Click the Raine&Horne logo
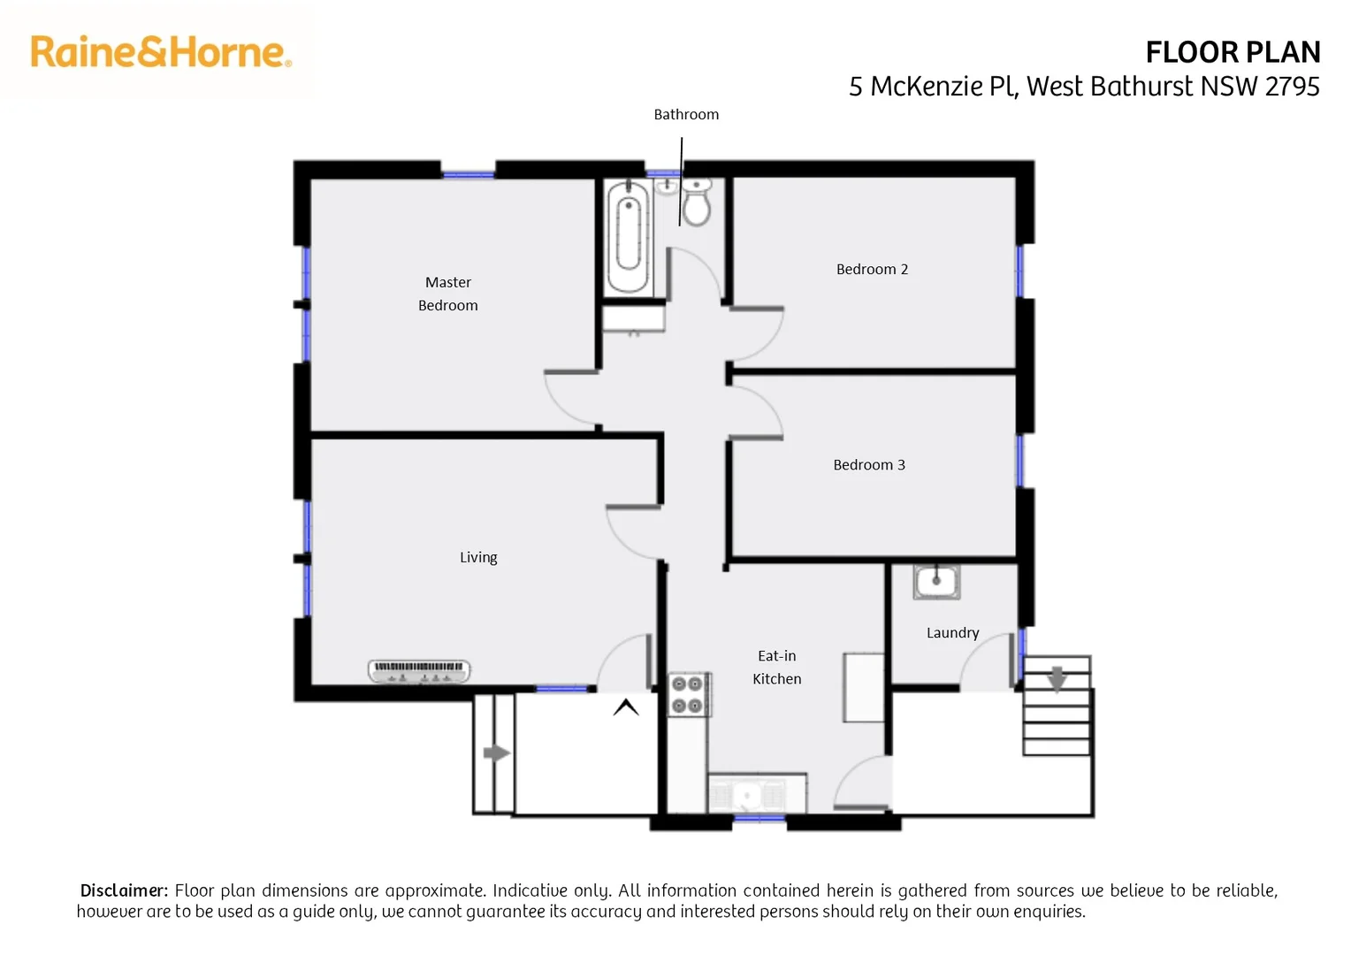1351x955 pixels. [x=160, y=52]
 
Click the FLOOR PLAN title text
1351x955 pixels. [x=1232, y=53]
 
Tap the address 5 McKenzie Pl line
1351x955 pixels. [x=1083, y=87]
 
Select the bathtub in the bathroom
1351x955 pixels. [x=629, y=236]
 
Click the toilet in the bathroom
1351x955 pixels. [x=697, y=204]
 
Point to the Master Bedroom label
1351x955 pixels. [x=448, y=294]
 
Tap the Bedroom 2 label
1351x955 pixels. [x=872, y=270]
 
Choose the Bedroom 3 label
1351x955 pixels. [x=868, y=465]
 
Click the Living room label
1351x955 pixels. [x=478, y=558]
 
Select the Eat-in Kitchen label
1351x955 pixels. [x=777, y=668]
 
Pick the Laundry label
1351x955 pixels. [x=952, y=633]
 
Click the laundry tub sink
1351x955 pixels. [x=936, y=583]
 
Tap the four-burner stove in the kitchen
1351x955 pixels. [x=688, y=694]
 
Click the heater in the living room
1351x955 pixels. [x=419, y=671]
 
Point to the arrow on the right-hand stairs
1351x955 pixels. [x=1057, y=678]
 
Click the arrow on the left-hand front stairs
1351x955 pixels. [x=496, y=753]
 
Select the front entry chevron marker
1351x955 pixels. [x=626, y=707]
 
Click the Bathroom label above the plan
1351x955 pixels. [x=686, y=115]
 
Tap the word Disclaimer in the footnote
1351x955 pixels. [x=124, y=890]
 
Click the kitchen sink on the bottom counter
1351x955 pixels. [x=748, y=795]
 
